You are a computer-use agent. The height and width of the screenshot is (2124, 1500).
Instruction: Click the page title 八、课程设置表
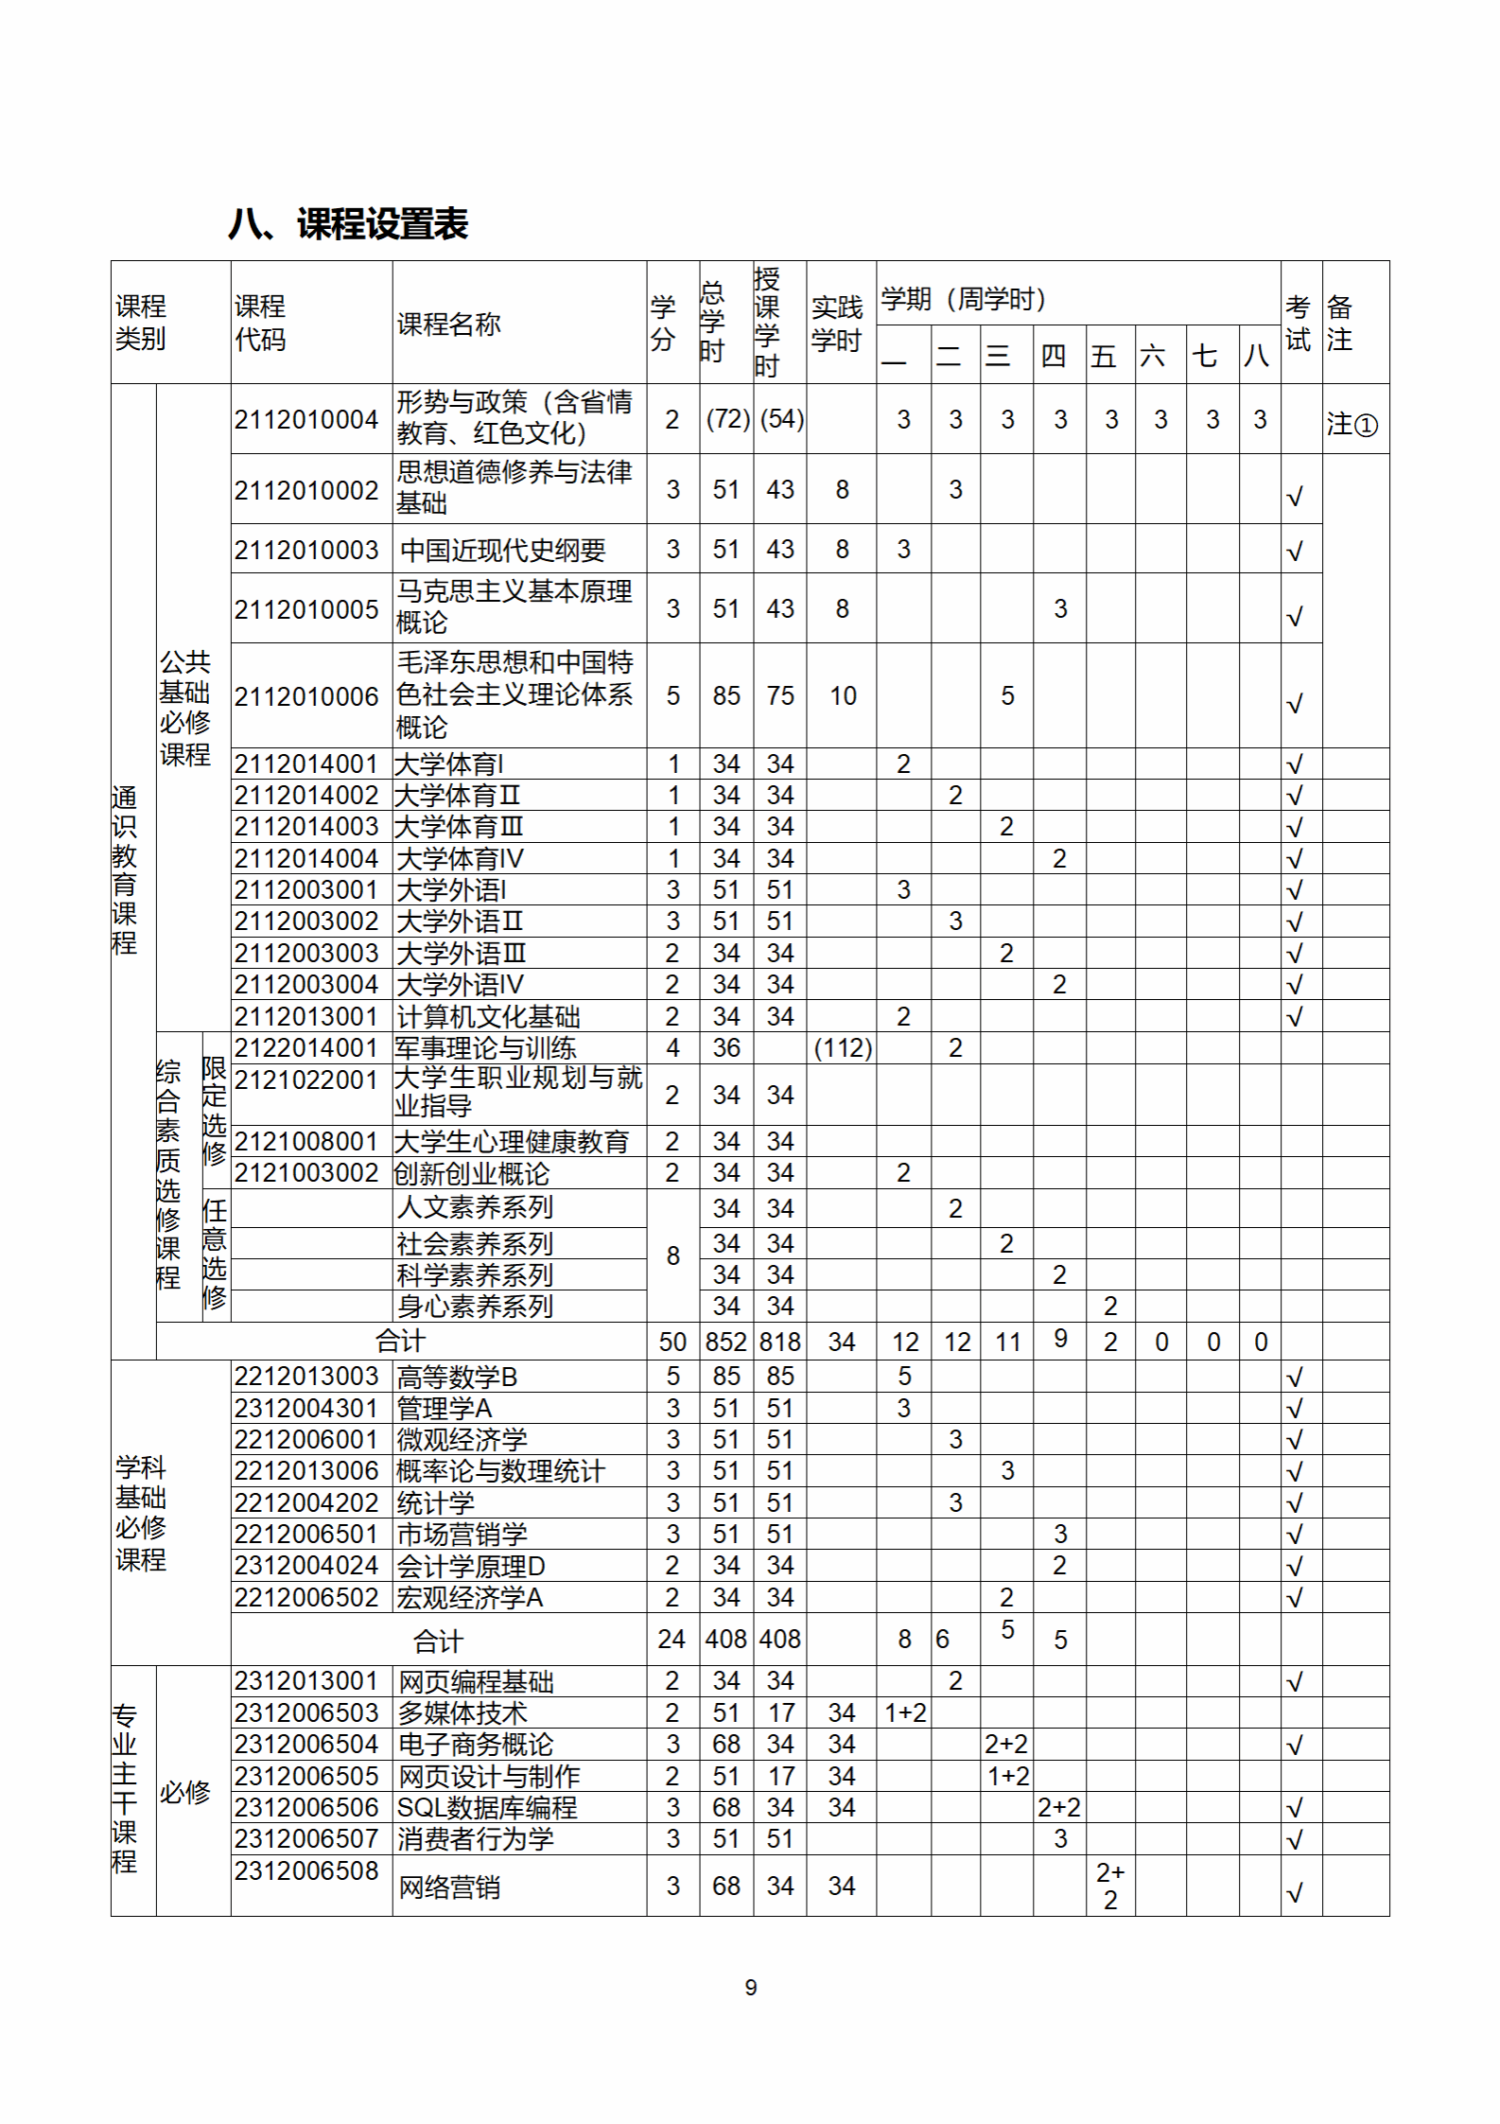click(x=348, y=225)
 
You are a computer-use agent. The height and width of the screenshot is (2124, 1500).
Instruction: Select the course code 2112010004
click(x=306, y=419)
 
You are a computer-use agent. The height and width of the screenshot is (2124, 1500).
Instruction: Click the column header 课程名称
click(x=448, y=325)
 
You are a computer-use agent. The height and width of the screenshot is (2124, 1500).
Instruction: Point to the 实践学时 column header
click(x=837, y=324)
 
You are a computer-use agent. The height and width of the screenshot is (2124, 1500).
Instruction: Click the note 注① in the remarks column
click(x=1352, y=424)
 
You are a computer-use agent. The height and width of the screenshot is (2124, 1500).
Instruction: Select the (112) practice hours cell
click(x=842, y=1048)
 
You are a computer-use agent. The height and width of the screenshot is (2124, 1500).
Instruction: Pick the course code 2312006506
click(x=306, y=1807)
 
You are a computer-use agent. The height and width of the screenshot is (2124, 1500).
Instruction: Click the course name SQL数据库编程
click(x=486, y=1807)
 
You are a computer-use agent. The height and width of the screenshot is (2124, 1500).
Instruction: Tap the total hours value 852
click(x=725, y=1342)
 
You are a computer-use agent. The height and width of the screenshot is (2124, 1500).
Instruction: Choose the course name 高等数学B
click(x=457, y=1377)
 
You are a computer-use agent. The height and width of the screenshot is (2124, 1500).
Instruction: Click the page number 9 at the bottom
click(x=751, y=1988)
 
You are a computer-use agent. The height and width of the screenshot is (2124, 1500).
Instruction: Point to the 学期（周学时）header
click(x=963, y=299)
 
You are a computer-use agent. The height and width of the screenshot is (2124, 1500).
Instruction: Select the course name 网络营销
click(x=448, y=1887)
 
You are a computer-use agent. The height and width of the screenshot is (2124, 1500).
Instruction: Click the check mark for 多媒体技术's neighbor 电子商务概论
click(x=1295, y=1745)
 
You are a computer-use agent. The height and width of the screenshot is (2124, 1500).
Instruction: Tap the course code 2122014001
click(x=306, y=1048)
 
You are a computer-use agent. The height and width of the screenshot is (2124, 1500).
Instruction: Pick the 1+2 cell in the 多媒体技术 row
click(x=905, y=1712)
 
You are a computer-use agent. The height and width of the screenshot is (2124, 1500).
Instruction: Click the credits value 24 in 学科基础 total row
click(x=672, y=1639)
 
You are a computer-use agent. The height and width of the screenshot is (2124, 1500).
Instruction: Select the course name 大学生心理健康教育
click(x=512, y=1142)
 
